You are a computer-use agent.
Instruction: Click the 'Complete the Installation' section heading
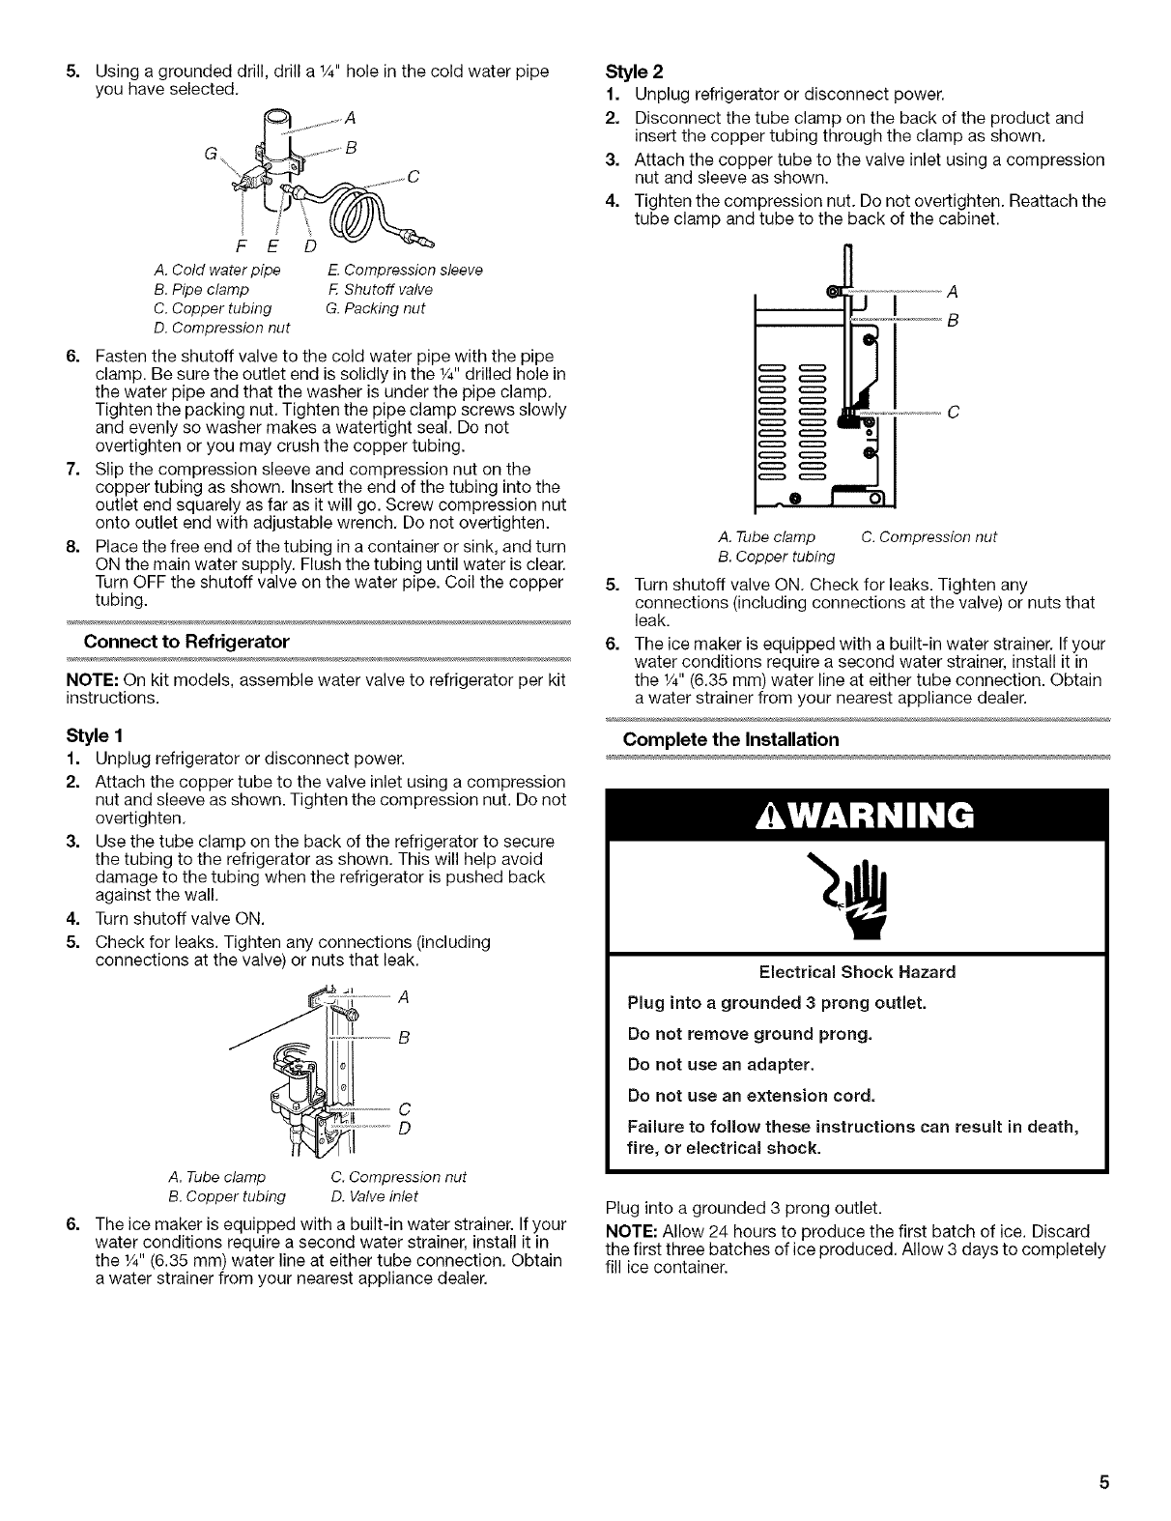pyautogui.click(x=730, y=739)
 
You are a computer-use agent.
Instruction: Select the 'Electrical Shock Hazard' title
pyautogui.click(x=857, y=971)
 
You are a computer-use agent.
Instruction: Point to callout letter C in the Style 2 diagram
pyautogui.click(x=953, y=413)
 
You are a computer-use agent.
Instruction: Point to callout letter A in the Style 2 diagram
pyautogui.click(x=953, y=291)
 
